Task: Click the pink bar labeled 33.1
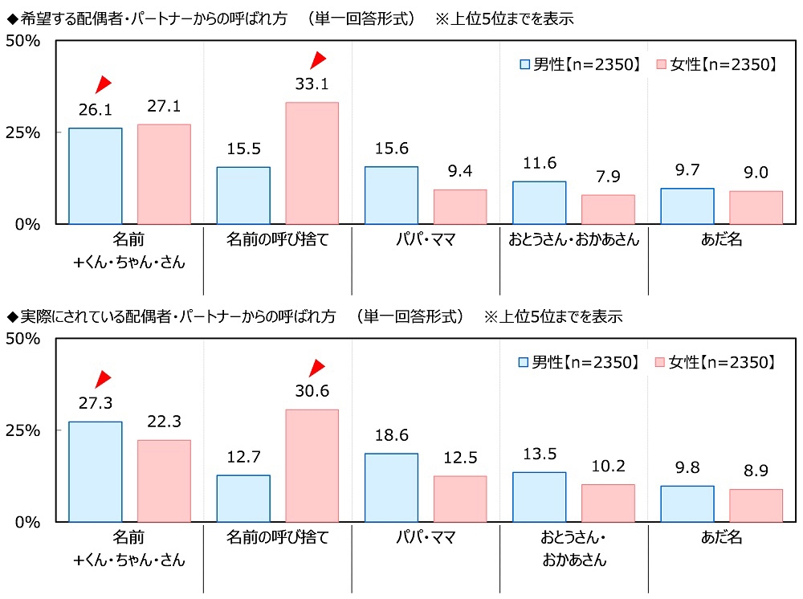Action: pyautogui.click(x=312, y=163)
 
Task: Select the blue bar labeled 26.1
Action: pyautogui.click(x=96, y=176)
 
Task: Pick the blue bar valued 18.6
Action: pyautogui.click(x=391, y=487)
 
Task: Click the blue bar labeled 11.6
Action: pyautogui.click(x=539, y=202)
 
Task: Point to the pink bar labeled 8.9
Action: pyautogui.click(x=756, y=505)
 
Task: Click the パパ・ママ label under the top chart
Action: pyautogui.click(x=425, y=239)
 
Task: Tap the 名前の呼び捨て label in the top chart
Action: pyautogui.click(x=277, y=239)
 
